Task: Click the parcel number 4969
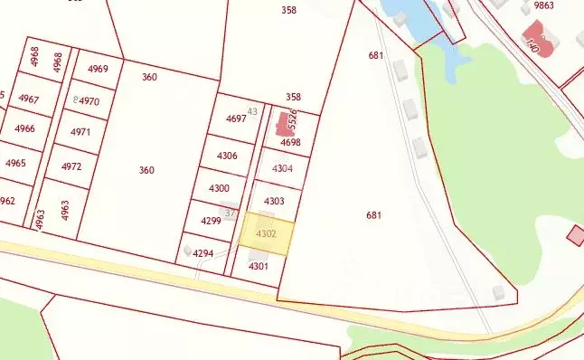(98, 70)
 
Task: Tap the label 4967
(29, 99)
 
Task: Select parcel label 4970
(89, 101)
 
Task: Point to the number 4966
(24, 129)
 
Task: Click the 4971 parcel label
(80, 132)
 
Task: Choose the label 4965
(15, 164)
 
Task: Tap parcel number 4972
(71, 167)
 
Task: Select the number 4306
(227, 156)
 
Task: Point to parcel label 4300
(219, 188)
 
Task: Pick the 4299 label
(211, 221)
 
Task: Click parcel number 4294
(203, 254)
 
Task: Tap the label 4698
(290, 143)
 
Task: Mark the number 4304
(282, 168)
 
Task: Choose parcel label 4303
(274, 201)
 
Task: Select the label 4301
(259, 266)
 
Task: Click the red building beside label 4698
(283, 125)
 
